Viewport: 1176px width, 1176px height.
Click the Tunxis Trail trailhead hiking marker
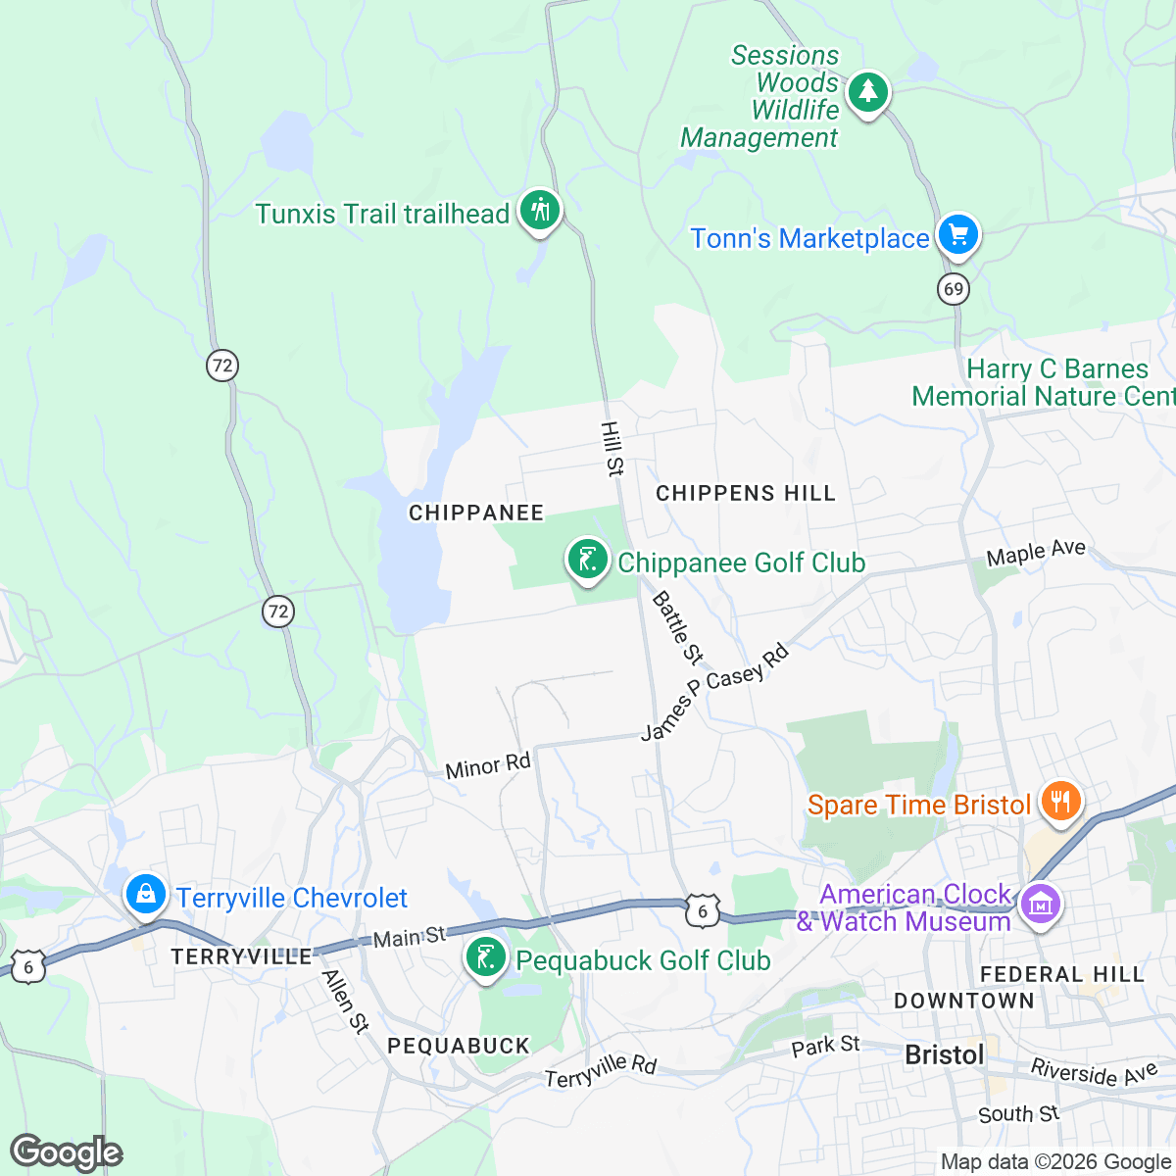tap(539, 210)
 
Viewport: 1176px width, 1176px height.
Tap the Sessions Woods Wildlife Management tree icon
tap(867, 93)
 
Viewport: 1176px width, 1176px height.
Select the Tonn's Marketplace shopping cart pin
tap(957, 235)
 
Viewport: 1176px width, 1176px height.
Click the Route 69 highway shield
tap(953, 289)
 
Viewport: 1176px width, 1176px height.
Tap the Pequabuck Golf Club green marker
tap(485, 957)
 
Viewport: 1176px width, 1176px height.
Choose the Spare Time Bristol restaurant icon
tap(1059, 802)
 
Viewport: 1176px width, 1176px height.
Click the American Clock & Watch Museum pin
tap(1041, 903)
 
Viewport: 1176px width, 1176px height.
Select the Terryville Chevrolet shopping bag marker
tap(145, 895)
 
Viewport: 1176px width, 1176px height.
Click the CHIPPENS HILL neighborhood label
tap(746, 493)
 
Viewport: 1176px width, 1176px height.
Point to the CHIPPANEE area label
tap(476, 513)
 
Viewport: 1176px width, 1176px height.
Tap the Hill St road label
tap(612, 449)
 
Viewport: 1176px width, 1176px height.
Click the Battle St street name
tap(677, 626)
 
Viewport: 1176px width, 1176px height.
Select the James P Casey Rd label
tap(714, 691)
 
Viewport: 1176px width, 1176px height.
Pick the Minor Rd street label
tap(487, 766)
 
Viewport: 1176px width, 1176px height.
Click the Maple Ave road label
tap(1036, 553)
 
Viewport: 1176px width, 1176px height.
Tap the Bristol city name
tap(945, 1054)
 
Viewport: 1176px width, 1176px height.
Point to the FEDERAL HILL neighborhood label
tap(1062, 974)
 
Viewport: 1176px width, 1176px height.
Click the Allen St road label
tap(346, 1001)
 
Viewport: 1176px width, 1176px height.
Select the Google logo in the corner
tap(67, 1152)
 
